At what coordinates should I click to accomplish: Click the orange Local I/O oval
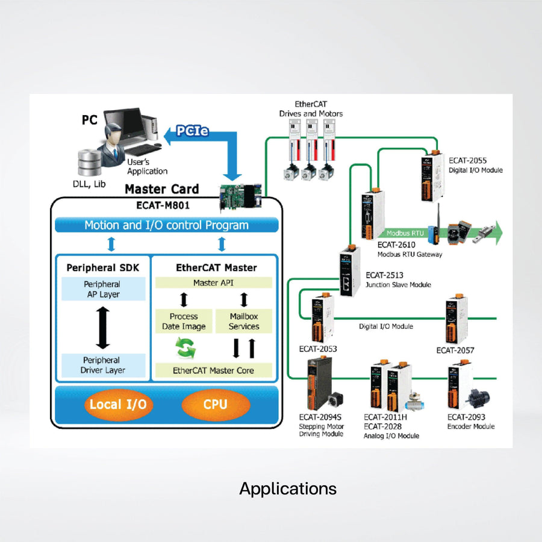tap(117, 404)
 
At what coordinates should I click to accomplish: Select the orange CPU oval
tap(215, 404)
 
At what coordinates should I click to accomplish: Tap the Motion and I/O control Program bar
tap(166, 226)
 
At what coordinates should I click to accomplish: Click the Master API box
tap(214, 282)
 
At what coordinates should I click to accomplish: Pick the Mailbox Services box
tap(244, 321)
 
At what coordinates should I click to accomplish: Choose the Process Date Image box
tap(184, 321)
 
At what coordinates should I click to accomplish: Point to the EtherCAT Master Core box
tap(213, 370)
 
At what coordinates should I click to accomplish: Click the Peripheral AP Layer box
tap(102, 289)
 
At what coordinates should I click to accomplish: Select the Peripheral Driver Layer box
tap(102, 365)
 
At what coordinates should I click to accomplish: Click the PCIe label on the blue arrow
tap(193, 130)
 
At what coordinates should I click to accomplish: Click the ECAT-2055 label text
tap(468, 161)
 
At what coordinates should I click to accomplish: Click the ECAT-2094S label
tap(320, 417)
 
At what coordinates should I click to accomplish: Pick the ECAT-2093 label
tap(466, 417)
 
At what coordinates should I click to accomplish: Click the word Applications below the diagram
tap(288, 488)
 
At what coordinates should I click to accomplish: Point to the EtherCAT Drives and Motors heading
tap(311, 109)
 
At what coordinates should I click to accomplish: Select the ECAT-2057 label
tap(455, 350)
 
